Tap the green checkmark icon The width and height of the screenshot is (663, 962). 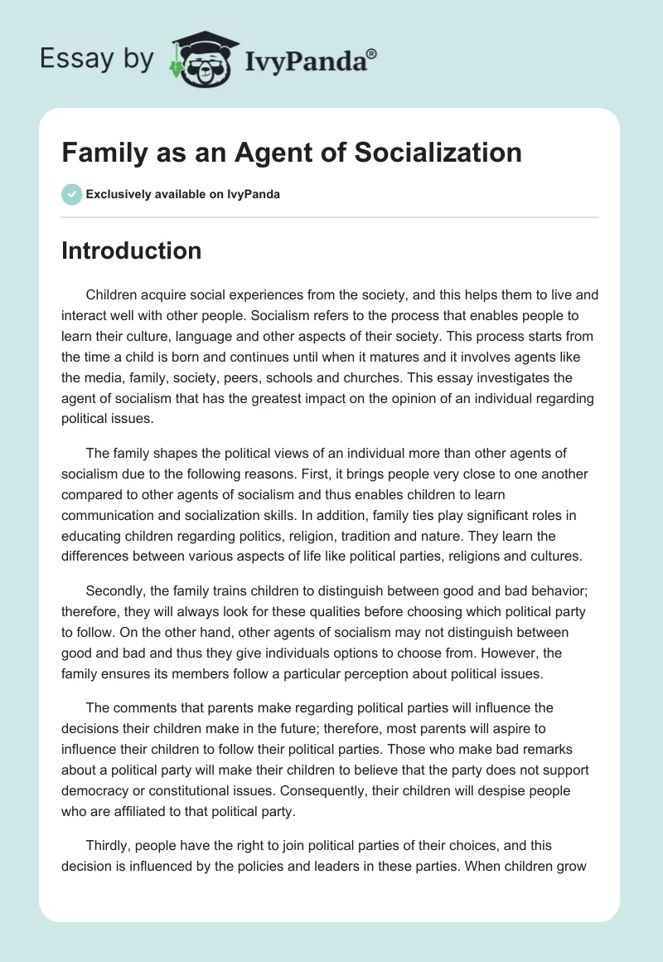point(71,194)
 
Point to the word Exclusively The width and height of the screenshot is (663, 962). point(116,195)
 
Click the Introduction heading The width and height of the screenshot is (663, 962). point(131,250)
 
